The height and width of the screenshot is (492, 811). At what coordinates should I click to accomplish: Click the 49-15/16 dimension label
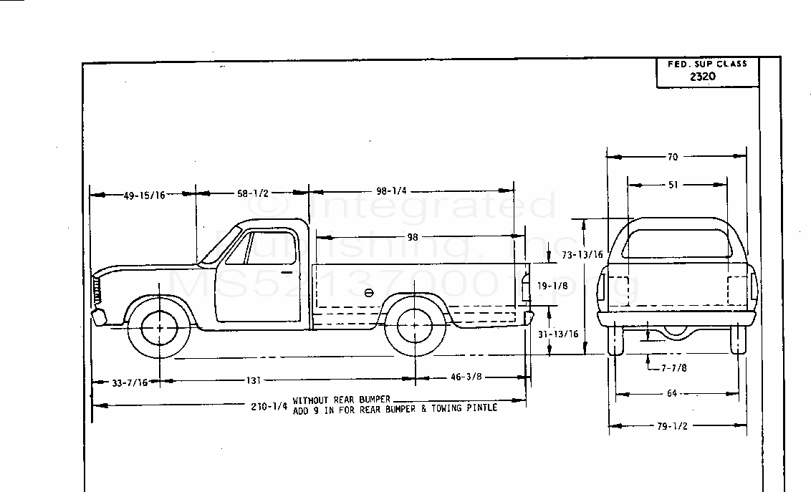click(144, 195)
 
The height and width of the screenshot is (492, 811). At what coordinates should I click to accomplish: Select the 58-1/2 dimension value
click(251, 193)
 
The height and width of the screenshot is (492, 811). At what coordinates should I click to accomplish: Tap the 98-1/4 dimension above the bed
click(391, 191)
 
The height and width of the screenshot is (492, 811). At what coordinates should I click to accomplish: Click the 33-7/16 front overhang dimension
click(130, 382)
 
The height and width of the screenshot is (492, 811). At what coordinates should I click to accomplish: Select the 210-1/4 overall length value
click(269, 406)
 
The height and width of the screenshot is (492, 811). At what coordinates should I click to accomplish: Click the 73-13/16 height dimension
click(582, 254)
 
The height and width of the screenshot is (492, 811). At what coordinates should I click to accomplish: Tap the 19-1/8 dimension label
click(552, 285)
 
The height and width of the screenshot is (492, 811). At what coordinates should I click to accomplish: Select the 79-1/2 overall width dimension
click(671, 426)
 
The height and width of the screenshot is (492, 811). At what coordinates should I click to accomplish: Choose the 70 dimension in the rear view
click(673, 156)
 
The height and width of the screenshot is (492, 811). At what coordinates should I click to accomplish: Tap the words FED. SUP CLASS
click(707, 64)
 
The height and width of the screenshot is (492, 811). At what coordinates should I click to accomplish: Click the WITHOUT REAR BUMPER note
click(341, 399)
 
